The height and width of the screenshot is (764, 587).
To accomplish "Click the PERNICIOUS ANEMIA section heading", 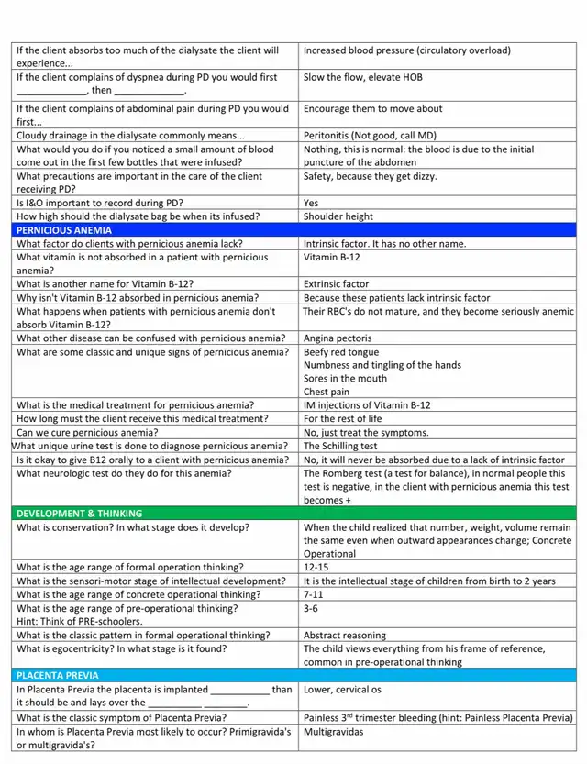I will point(62,230).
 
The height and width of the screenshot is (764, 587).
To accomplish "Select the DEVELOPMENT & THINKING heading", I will point(80,514).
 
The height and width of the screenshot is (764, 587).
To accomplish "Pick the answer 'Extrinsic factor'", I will point(337,284).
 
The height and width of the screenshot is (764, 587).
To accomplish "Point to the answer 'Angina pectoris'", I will point(338,338).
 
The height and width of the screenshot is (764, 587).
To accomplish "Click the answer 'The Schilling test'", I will point(340,446).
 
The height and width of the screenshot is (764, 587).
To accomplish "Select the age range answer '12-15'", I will point(316,567).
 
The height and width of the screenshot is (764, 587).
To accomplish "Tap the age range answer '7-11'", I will point(314,594).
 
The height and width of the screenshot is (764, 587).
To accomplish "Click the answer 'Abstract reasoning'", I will point(346,635).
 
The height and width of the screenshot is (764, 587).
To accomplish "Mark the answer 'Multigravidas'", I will point(334,731).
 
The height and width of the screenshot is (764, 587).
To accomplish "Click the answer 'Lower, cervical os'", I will point(344,690).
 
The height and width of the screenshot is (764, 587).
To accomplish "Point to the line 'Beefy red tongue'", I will point(341,352).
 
